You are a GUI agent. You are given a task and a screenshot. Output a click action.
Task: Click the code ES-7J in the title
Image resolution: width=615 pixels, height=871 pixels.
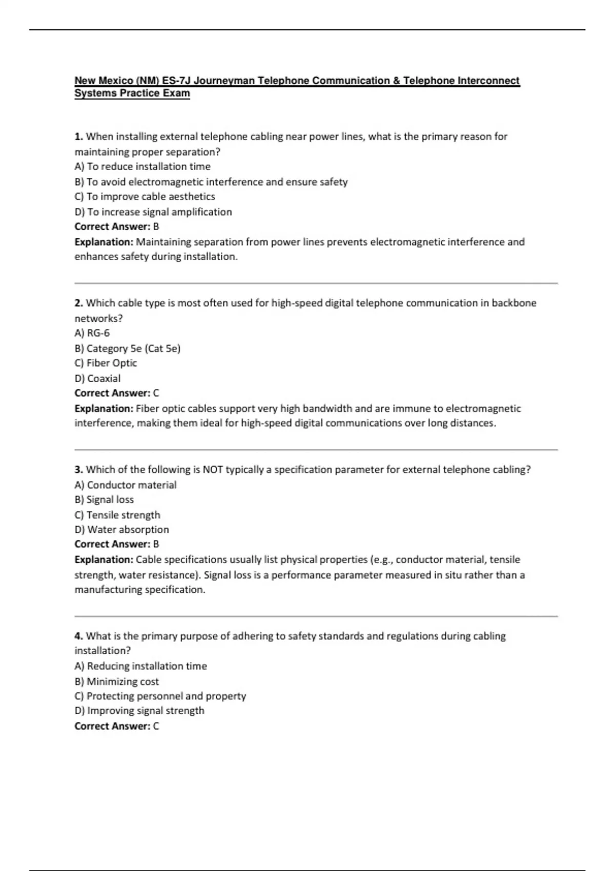click(x=177, y=80)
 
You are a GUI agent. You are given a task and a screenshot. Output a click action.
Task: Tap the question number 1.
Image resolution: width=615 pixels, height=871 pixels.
click(x=78, y=136)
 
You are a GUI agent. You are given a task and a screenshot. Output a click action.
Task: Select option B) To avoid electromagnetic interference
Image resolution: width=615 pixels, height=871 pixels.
click(x=211, y=182)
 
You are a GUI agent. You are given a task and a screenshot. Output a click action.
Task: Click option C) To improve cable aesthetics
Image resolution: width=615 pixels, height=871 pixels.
click(x=145, y=197)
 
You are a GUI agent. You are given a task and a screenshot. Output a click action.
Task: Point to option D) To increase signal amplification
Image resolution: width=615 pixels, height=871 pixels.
click(x=153, y=212)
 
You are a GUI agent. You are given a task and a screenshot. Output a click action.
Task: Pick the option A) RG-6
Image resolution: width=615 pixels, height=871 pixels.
click(x=92, y=333)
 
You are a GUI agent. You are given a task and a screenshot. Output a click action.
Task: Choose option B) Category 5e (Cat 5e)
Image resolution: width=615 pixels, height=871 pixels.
click(x=128, y=348)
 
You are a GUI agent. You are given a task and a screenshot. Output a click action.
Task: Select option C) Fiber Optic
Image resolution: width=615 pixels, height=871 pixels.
click(x=106, y=363)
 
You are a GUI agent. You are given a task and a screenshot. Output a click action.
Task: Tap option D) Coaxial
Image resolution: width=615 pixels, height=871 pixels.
click(x=98, y=379)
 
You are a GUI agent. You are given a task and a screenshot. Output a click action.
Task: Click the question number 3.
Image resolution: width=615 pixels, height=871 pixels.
click(x=78, y=469)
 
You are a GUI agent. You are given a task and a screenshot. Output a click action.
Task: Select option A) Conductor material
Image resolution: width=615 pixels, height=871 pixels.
click(x=126, y=485)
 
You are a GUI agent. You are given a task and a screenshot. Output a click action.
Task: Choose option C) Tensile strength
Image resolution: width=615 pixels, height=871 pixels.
click(x=117, y=515)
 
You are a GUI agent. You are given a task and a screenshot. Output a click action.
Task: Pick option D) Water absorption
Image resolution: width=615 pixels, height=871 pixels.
click(x=122, y=529)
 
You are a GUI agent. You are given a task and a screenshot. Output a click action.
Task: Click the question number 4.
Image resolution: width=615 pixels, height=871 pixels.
click(x=78, y=636)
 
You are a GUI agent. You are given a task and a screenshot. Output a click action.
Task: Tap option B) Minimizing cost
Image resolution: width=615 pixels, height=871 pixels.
click(x=117, y=681)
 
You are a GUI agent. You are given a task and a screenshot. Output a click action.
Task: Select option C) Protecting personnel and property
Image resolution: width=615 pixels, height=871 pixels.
click(x=160, y=696)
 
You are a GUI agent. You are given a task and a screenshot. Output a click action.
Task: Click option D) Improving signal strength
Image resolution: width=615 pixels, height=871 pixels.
click(x=139, y=711)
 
